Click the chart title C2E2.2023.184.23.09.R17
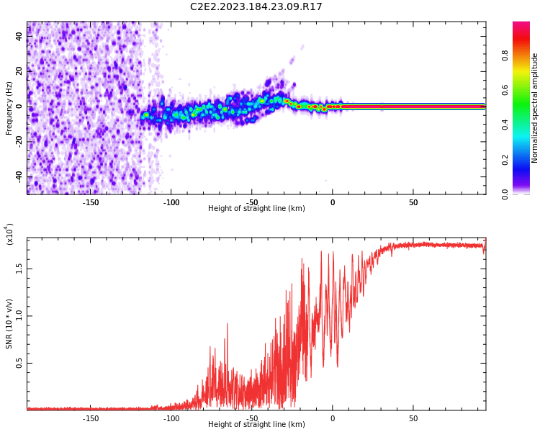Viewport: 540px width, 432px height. pyautogui.click(x=256, y=7)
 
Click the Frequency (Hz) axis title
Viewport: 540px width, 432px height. pyautogui.click(x=9, y=108)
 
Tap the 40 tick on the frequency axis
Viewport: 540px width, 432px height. pyautogui.click(x=20, y=36)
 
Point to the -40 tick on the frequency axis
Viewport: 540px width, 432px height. pyautogui.click(x=19, y=176)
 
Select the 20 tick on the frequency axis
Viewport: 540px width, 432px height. pyautogui.click(x=20, y=71)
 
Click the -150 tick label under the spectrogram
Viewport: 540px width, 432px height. pyautogui.click(x=91, y=202)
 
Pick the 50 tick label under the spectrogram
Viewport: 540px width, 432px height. pyautogui.click(x=413, y=202)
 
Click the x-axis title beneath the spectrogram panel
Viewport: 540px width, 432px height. pyautogui.click(x=256, y=209)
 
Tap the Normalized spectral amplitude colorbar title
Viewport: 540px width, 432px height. pyautogui.click(x=535, y=108)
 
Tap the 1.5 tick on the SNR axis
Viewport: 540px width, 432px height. pyautogui.click(x=19, y=268)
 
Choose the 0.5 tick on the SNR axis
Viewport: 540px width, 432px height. pyautogui.click(x=19, y=364)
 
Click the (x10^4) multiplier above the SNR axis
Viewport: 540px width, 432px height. pyautogui.click(x=9, y=235)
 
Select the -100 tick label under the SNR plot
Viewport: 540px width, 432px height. pyautogui.click(x=171, y=418)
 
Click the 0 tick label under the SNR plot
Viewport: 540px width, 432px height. pyautogui.click(x=333, y=418)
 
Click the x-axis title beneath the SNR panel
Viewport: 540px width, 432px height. pyautogui.click(x=256, y=425)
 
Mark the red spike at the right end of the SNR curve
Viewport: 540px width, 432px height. pyautogui.click(x=485, y=243)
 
